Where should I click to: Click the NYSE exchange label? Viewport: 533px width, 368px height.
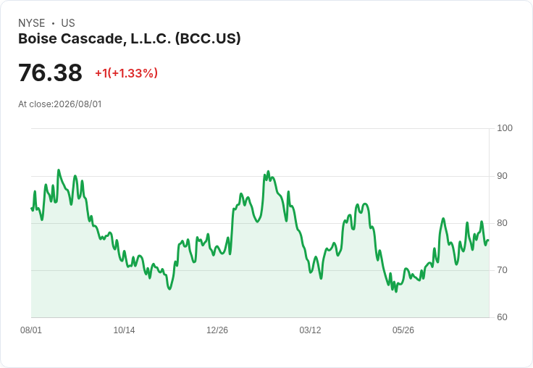click(x=32, y=23)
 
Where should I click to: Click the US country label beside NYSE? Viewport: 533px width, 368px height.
click(x=68, y=23)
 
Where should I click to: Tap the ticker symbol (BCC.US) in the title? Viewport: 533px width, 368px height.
click(x=208, y=38)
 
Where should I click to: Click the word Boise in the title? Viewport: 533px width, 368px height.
click(x=38, y=38)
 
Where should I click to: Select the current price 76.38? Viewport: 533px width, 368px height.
click(x=50, y=72)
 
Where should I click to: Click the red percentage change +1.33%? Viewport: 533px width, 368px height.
click(x=134, y=72)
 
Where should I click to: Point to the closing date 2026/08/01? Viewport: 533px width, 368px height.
click(x=77, y=104)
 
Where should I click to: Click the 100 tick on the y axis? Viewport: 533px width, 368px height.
click(x=505, y=128)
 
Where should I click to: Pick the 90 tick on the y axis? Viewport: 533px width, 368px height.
click(x=502, y=176)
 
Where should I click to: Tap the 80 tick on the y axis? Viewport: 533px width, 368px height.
click(x=502, y=223)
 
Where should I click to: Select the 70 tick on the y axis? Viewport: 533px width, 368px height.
click(x=502, y=270)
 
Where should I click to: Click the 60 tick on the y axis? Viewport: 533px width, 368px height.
click(x=502, y=317)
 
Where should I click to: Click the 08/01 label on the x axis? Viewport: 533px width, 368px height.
click(x=31, y=330)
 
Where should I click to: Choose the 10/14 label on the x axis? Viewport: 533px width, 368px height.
click(x=124, y=330)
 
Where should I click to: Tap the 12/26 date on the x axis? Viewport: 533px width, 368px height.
click(x=217, y=330)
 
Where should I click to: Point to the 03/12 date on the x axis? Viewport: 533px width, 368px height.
click(x=310, y=330)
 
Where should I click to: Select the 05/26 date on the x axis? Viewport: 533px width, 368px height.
click(x=403, y=330)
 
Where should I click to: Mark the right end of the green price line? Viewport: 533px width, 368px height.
click(x=489, y=241)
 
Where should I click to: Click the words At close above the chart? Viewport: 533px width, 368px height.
click(x=35, y=104)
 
